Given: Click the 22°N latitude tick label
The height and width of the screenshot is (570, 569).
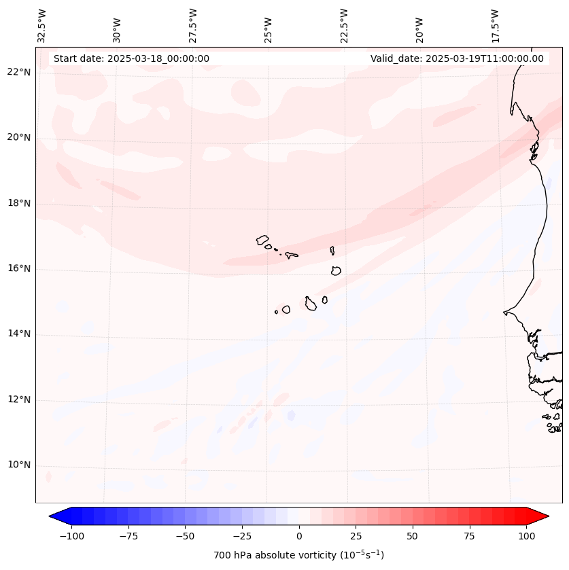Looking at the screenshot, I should (x=19, y=72).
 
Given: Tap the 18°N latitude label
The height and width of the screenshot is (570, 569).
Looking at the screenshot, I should (x=19, y=203).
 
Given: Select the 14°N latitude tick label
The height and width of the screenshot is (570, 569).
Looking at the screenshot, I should (x=19, y=334).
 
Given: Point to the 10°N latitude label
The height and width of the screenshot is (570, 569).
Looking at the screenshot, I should (x=19, y=465).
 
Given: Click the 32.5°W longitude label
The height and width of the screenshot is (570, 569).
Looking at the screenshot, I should (x=42, y=26).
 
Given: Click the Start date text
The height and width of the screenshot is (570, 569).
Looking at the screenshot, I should (x=131, y=58).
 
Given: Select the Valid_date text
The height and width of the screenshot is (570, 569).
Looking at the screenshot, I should (x=457, y=58).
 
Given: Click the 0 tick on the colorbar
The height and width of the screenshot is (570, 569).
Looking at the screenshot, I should (x=299, y=536).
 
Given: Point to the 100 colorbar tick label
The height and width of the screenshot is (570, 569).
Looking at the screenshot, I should (x=526, y=536).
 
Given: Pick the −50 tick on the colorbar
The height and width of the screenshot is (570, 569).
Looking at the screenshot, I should (x=185, y=536).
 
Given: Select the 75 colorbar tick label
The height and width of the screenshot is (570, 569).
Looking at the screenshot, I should (x=470, y=536).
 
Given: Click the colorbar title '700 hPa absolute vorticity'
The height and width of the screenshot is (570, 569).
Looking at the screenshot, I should (x=298, y=555).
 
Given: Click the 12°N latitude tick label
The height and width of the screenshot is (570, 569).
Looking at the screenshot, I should (x=19, y=400).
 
